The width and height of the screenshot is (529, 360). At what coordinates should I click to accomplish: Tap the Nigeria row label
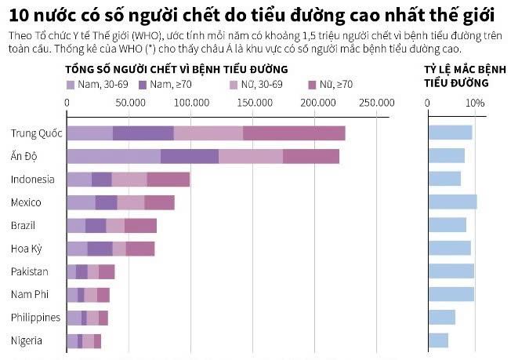click(27, 340)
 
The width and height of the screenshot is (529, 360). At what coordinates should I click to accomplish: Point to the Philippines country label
click(35, 318)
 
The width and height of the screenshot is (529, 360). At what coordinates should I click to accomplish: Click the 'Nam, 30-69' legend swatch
click(71, 84)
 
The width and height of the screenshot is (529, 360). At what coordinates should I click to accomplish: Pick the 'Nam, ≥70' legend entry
click(143, 84)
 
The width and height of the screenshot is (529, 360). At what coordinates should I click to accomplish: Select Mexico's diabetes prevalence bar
click(451, 202)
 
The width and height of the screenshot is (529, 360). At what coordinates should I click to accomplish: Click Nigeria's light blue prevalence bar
click(437, 340)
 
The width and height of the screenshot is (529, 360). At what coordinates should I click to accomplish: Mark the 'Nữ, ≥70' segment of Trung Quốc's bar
click(294, 133)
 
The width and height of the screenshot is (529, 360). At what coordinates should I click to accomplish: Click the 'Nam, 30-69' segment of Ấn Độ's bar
click(113, 156)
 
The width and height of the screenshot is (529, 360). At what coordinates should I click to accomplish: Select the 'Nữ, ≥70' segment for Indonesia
click(168, 179)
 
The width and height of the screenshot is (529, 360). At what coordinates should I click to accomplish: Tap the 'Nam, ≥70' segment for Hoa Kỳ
click(100, 249)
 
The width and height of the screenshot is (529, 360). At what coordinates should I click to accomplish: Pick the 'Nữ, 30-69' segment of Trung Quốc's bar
click(208, 133)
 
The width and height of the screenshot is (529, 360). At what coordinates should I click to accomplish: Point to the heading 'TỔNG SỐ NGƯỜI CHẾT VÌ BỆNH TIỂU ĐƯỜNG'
click(176, 69)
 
